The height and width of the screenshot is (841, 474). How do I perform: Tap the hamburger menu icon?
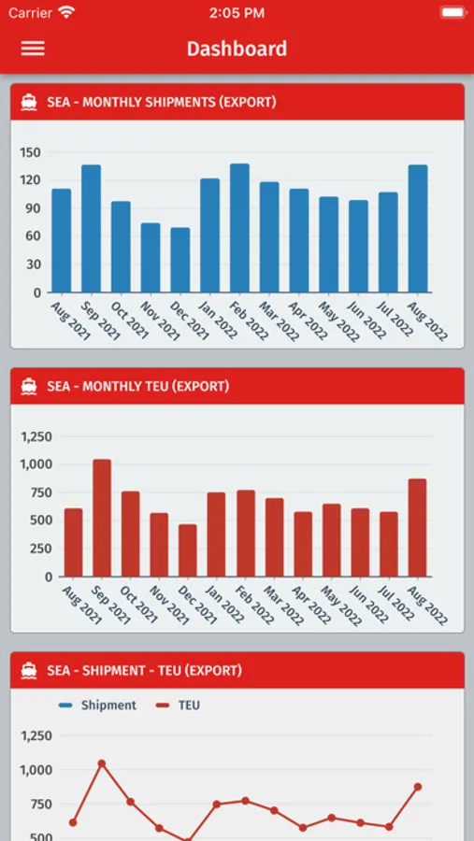(33, 49)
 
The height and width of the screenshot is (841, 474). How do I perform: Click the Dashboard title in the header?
(237, 49)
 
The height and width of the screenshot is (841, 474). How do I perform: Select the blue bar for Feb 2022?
(239, 228)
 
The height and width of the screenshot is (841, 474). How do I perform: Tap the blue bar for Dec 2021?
(180, 260)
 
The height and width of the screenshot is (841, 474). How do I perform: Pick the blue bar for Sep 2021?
(92, 229)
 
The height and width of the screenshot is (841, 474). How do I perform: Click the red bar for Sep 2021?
(102, 518)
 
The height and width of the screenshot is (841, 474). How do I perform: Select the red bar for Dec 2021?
(187, 550)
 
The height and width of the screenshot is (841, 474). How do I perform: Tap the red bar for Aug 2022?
(417, 528)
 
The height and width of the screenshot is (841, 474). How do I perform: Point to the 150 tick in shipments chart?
(31, 153)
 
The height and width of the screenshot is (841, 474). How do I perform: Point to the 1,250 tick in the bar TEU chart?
(36, 436)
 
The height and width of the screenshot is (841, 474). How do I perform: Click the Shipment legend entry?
(98, 705)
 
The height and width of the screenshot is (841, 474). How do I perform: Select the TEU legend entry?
(180, 705)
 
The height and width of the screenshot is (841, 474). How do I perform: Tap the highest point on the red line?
(102, 763)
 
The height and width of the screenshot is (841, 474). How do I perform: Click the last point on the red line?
(418, 787)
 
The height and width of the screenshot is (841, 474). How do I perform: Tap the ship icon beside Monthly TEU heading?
(29, 386)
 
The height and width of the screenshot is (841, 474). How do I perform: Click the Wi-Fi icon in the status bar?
(66, 13)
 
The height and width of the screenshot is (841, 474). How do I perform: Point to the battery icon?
(453, 13)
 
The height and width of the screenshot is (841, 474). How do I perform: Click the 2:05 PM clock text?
(237, 13)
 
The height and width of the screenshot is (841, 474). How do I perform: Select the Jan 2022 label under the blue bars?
(219, 320)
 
